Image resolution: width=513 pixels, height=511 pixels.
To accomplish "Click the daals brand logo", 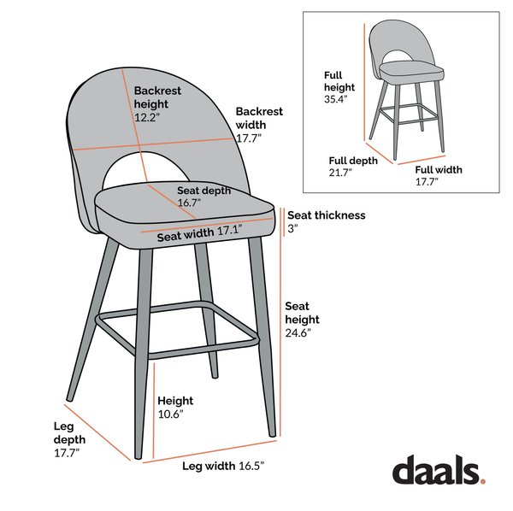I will pyautogui.click(x=438, y=471).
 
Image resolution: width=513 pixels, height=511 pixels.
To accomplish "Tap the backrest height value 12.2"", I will pyautogui.click(x=147, y=118).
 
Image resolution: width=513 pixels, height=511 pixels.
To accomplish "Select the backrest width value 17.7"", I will pyautogui.click(x=248, y=138).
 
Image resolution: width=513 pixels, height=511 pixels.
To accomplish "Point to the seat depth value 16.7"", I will pyautogui.click(x=189, y=203).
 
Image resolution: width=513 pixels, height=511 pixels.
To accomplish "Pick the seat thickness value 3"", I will pyautogui.click(x=292, y=229).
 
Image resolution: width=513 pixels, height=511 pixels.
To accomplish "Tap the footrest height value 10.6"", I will pyautogui.click(x=170, y=414).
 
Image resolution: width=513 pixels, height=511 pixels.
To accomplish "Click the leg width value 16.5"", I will pyautogui.click(x=248, y=466).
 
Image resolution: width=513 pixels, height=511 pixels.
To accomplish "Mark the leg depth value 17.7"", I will pyautogui.click(x=66, y=453).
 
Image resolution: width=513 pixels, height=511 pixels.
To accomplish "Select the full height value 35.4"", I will pyautogui.click(x=336, y=99).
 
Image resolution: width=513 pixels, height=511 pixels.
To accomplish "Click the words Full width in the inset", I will pyautogui.click(x=439, y=170).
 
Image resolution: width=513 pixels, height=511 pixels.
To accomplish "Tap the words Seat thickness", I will pyautogui.click(x=326, y=215).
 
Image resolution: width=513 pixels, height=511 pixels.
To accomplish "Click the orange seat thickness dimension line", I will pyautogui.click(x=282, y=220).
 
